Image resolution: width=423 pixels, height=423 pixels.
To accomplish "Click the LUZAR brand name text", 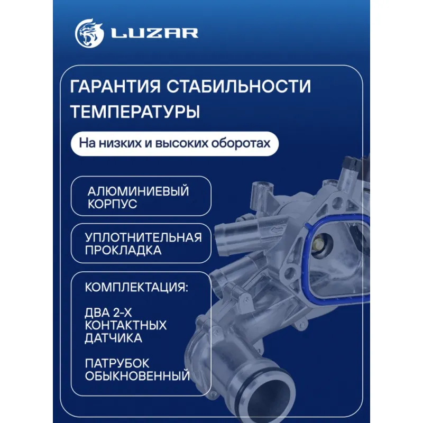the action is [155, 33].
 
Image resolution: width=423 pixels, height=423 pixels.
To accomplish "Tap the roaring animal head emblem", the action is [89, 33].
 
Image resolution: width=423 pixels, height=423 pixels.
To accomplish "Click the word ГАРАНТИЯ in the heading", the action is [115, 86].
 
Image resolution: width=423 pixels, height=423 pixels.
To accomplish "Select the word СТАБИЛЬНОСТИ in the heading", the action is [239, 86].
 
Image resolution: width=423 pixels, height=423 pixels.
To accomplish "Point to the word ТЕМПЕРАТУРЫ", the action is [135, 112].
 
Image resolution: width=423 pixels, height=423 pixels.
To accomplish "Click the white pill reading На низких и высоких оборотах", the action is [174, 143].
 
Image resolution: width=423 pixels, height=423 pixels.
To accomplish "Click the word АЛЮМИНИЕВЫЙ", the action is [138, 191].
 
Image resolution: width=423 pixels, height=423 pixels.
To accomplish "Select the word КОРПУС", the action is [112, 204].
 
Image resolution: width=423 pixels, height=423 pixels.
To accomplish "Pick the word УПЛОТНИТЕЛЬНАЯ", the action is [143, 237].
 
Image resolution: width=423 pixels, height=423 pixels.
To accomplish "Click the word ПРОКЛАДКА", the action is [123, 250].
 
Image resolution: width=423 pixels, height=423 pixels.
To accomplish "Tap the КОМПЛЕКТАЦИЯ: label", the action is [136, 287].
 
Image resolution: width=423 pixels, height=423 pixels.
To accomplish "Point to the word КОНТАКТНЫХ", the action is [126, 325].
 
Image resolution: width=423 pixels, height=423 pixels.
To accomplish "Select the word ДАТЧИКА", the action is [113, 338].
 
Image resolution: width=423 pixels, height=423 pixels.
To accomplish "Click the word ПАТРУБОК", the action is [117, 363].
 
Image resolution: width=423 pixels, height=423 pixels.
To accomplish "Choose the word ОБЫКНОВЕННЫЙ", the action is [137, 376].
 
